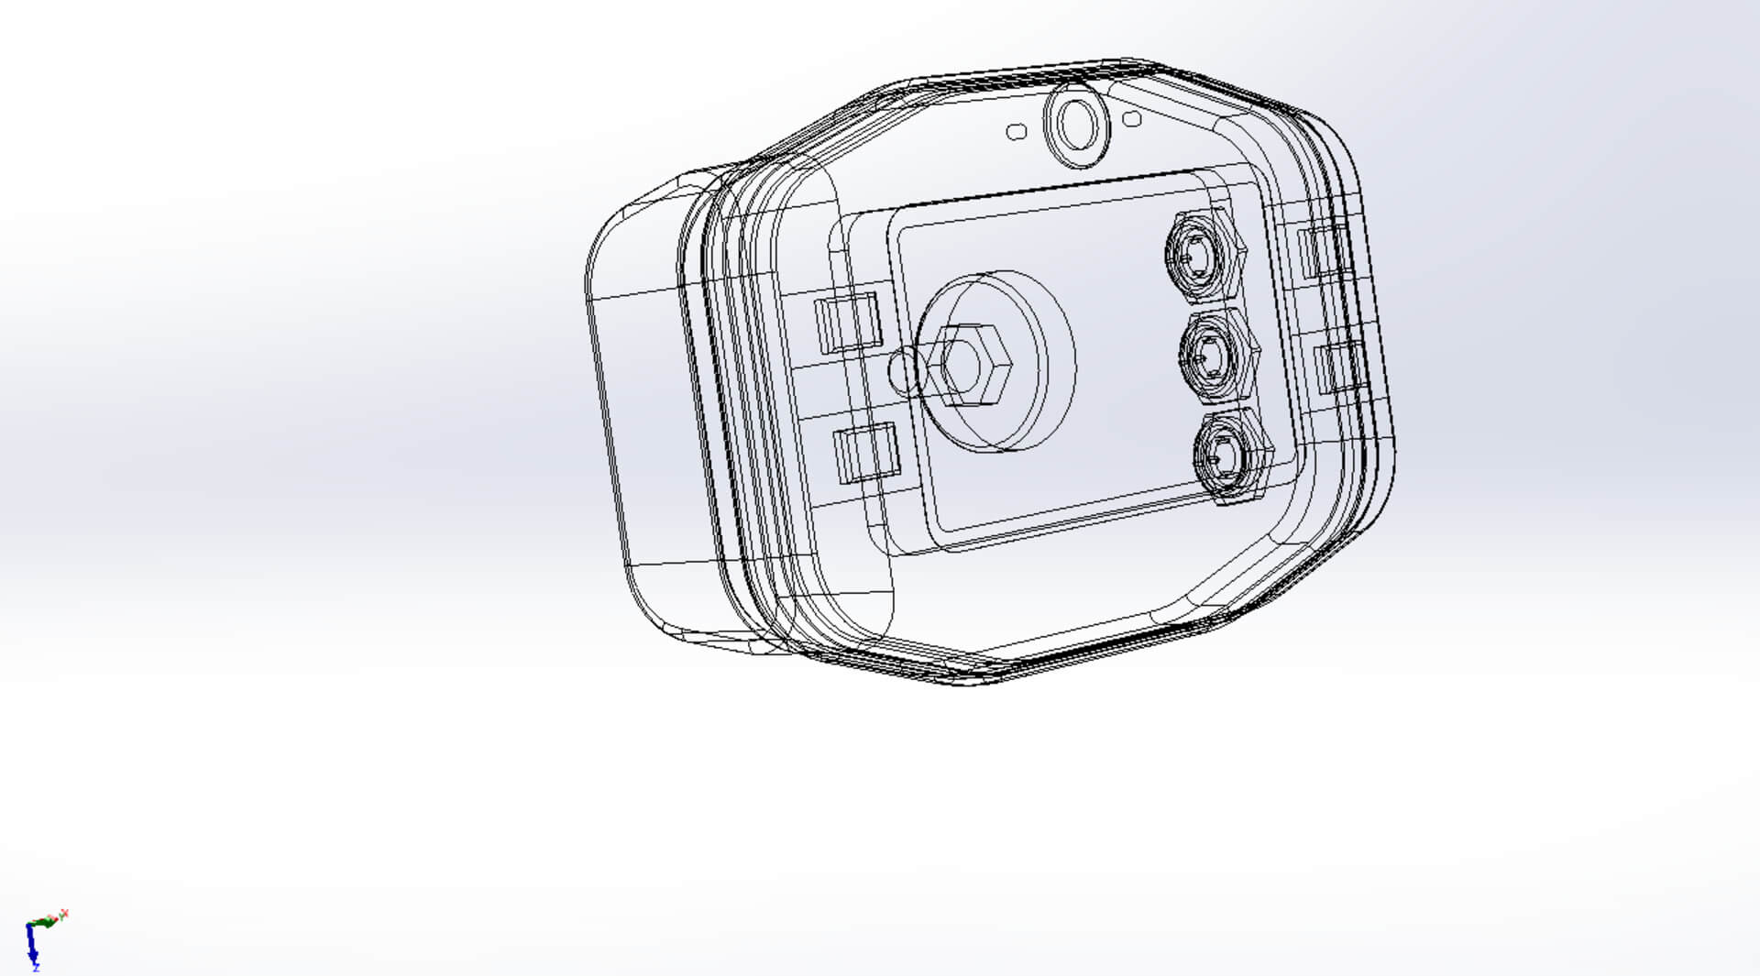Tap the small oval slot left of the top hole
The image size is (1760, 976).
pyautogui.click(x=1017, y=132)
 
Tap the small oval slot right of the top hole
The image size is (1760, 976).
pyautogui.click(x=1132, y=119)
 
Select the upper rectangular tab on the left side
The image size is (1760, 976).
pyautogui.click(x=848, y=322)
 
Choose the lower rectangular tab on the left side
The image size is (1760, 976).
pyautogui.click(x=865, y=453)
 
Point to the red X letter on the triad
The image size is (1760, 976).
pyautogui.click(x=64, y=914)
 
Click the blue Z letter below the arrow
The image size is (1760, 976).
pyautogui.click(x=36, y=967)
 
